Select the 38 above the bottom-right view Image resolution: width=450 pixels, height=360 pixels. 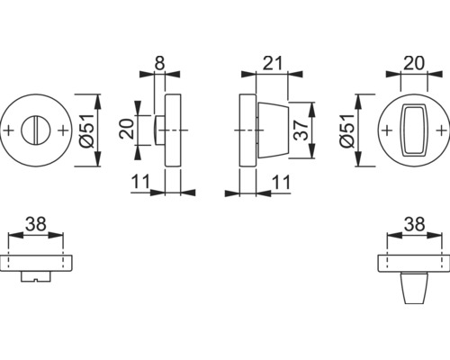point(414,222)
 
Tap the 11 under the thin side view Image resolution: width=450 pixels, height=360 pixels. point(139,182)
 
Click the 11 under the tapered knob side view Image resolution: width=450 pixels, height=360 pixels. point(281,182)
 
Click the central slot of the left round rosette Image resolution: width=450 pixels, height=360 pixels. point(37,131)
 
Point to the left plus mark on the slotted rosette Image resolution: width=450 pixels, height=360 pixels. point(10,131)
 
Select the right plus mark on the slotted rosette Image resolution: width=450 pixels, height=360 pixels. point(63,131)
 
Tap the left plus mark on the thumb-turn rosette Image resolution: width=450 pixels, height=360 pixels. point(387,131)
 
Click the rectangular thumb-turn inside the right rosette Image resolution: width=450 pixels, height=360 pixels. point(414,130)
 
